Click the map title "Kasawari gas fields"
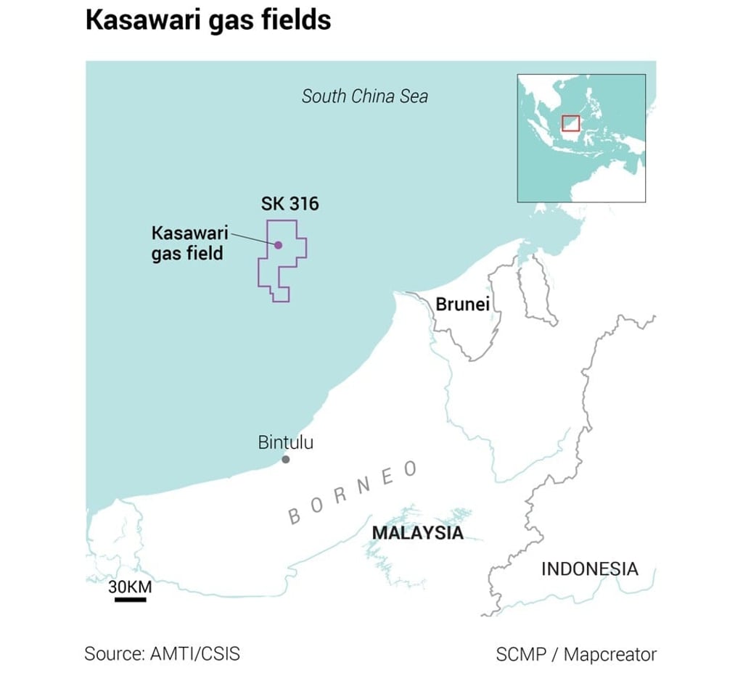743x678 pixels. [208, 20]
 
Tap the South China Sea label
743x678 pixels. [364, 96]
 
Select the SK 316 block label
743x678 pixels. [290, 204]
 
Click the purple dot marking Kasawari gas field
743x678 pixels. [278, 245]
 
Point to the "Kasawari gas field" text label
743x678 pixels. [189, 244]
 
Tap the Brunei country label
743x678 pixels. [462, 304]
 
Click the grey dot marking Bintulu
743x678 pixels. [286, 460]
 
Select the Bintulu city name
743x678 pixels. [286, 442]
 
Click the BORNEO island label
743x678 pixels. [353, 492]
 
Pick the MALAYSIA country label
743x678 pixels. [417, 533]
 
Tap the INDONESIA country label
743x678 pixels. [589, 569]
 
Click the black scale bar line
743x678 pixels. [131, 600]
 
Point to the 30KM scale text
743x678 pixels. [131, 587]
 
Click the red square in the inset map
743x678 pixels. [572, 123]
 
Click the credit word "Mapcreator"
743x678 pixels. [609, 654]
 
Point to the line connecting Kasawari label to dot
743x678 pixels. [251, 239]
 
